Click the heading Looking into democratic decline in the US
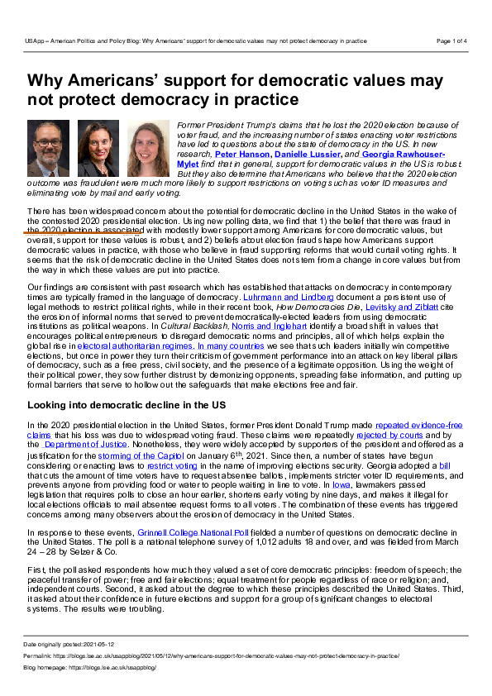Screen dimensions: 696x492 pyautogui.click(x=139, y=405)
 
